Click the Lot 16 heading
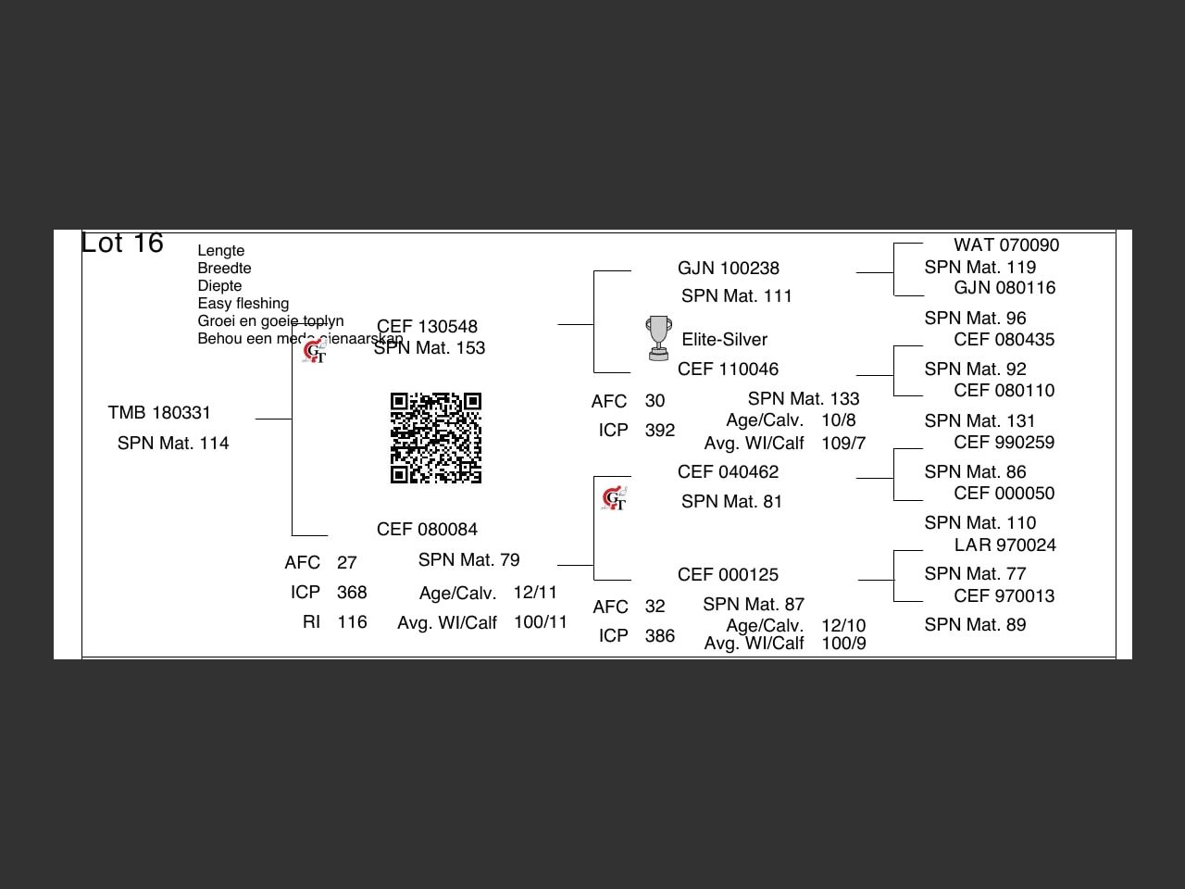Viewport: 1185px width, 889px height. (x=122, y=243)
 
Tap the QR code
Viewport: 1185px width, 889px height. (x=436, y=438)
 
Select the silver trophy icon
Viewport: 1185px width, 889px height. (x=658, y=338)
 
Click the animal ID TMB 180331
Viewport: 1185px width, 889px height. (x=159, y=413)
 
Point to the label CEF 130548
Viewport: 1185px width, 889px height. (x=427, y=327)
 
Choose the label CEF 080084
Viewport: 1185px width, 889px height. (x=427, y=530)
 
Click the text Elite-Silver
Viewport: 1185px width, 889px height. (x=724, y=340)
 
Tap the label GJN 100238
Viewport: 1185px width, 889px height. (x=728, y=269)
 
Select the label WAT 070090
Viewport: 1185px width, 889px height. (x=1006, y=245)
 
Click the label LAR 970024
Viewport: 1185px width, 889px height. (x=1004, y=545)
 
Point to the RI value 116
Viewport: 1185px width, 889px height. (x=352, y=622)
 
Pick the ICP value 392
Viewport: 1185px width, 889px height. (x=660, y=431)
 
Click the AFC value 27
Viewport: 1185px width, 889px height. (x=347, y=563)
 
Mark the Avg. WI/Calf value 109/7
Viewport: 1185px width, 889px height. (x=843, y=444)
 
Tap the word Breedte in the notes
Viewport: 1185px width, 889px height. (x=224, y=269)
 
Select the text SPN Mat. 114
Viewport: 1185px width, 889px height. (x=173, y=444)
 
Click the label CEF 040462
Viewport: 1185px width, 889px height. (x=728, y=472)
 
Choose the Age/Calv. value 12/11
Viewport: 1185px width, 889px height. (x=535, y=593)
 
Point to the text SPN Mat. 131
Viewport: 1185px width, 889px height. (x=979, y=421)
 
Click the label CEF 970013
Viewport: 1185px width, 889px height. (x=1004, y=596)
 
